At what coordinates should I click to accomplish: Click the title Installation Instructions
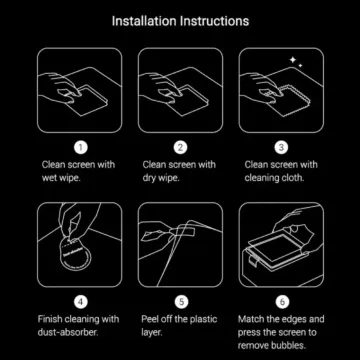coord(180,20)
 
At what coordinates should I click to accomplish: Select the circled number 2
coord(180,147)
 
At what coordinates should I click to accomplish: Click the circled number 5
coord(180,299)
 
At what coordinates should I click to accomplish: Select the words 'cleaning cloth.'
coord(274,178)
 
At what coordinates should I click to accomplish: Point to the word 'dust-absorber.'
coord(71,331)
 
